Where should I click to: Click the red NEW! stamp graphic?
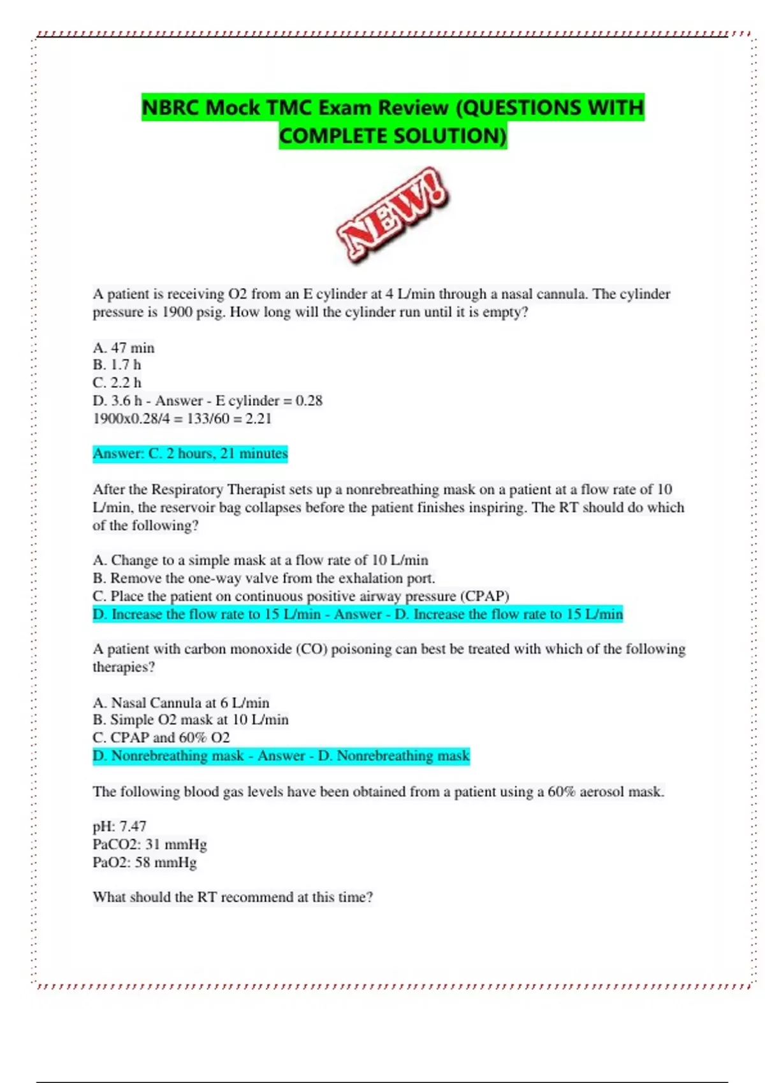point(393,215)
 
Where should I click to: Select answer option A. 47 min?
point(124,348)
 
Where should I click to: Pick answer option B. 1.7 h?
point(117,365)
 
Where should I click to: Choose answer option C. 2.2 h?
point(117,383)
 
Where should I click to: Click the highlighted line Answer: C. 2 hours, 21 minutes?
point(190,454)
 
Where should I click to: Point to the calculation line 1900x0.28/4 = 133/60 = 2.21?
point(182,419)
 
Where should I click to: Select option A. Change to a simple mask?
point(260,560)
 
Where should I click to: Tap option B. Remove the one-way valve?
point(263,578)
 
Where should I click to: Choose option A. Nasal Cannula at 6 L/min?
point(181,703)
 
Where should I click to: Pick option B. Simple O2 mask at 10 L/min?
point(191,720)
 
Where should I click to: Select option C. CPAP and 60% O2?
point(161,738)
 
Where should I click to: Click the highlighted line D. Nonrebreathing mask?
point(281,756)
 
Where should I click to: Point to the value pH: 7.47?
point(120,826)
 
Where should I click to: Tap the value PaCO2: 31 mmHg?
point(150,844)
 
